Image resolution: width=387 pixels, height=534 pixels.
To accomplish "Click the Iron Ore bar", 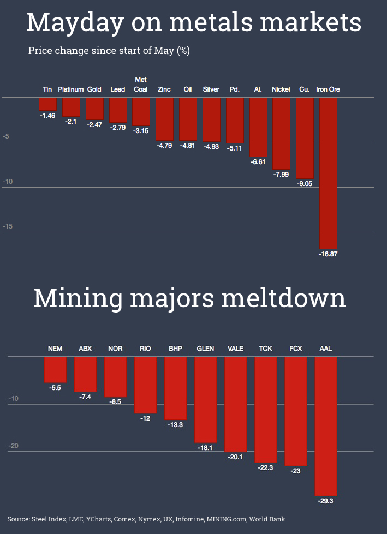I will coord(328,173).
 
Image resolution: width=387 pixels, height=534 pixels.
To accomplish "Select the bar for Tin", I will coord(47,104).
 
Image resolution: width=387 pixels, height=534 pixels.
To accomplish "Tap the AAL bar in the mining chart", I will coord(326,425).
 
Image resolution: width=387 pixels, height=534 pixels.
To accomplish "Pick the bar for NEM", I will coord(55,370).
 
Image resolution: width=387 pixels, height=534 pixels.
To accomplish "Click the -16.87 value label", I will coord(328,254).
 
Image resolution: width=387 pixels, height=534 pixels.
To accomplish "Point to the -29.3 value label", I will coord(326,500).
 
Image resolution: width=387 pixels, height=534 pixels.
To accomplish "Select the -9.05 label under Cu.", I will coord(305,184).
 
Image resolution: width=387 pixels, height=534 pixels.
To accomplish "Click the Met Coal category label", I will coord(141,85).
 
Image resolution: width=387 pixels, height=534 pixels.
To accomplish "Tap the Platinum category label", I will coord(71,89).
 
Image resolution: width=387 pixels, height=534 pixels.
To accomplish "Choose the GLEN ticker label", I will coord(205,349).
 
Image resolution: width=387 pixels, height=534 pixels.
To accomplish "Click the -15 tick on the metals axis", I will coord(8,226).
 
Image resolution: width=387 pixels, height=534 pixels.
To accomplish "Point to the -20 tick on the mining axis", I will coord(13,446).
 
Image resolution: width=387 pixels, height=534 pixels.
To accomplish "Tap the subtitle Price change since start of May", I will coord(109,51).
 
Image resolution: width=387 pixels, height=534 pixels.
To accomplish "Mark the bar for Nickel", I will coord(281,133).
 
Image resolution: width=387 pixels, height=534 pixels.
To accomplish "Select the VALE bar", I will coord(236,404).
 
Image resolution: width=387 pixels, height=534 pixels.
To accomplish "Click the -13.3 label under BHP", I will coord(175,424).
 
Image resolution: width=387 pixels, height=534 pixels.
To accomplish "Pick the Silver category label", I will coord(211,89).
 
